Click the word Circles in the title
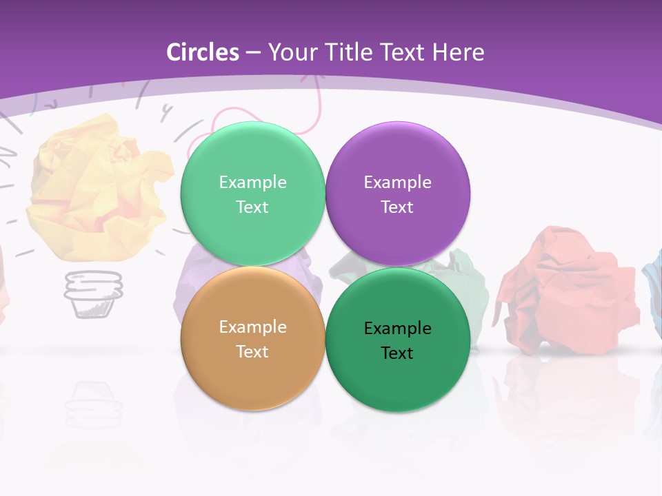(x=202, y=52)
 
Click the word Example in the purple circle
(x=397, y=183)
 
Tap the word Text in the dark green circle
(x=397, y=353)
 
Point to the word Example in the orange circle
(x=252, y=327)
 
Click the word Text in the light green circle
(x=252, y=207)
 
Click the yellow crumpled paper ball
(x=97, y=186)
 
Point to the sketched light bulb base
(x=93, y=293)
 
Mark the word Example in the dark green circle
(x=397, y=329)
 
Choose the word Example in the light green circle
(x=252, y=183)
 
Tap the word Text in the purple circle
(x=397, y=207)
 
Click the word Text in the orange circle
(x=252, y=352)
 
